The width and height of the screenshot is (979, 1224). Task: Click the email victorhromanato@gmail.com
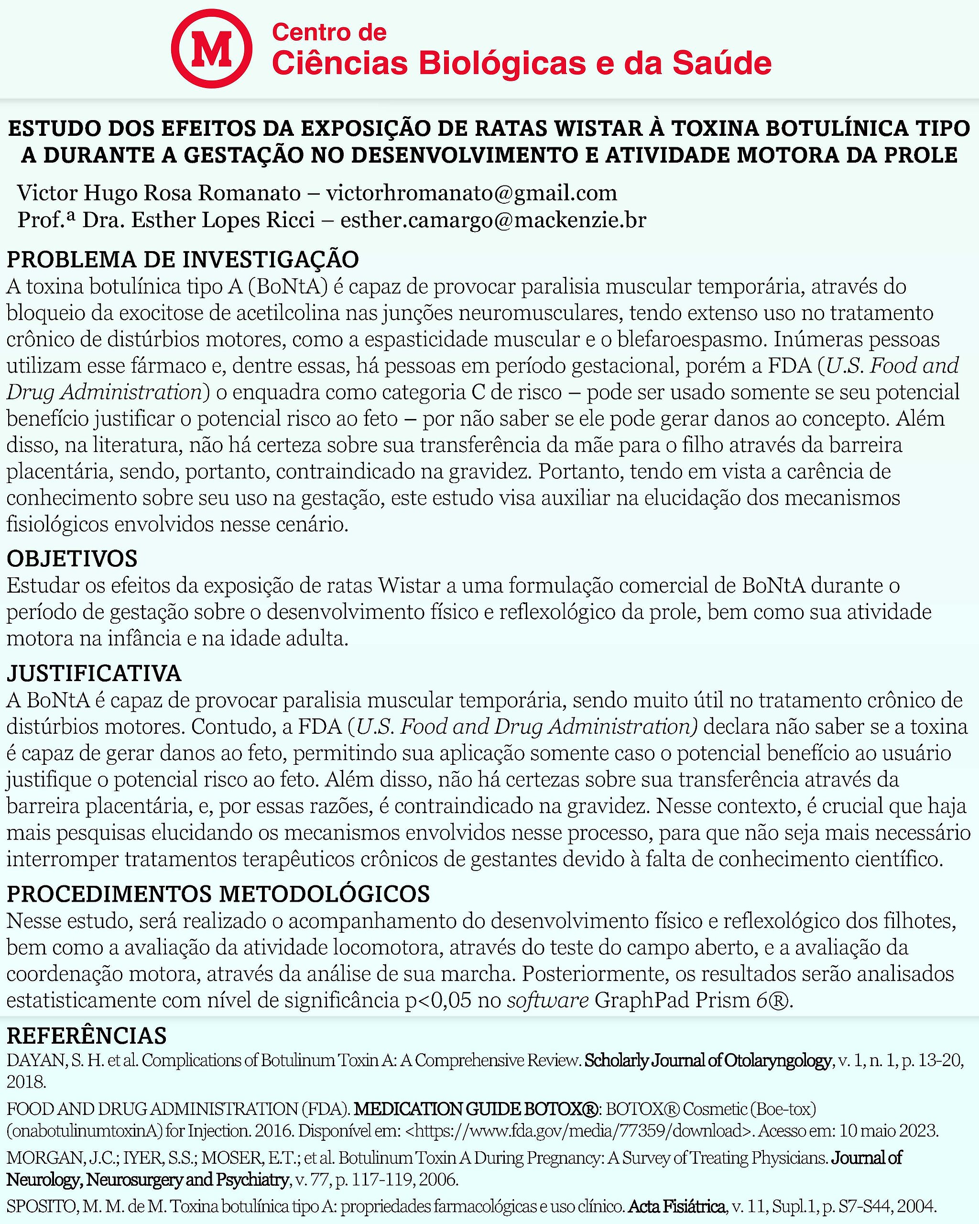(x=471, y=193)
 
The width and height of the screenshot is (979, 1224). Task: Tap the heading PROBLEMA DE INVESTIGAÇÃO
(x=183, y=259)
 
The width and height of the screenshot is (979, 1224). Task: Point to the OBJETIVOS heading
(x=72, y=559)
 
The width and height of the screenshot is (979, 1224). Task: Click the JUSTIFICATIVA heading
(x=94, y=673)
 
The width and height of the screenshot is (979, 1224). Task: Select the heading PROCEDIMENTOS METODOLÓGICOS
(x=218, y=894)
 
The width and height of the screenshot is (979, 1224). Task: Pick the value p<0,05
(x=437, y=1000)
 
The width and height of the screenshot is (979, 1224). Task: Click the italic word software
(x=548, y=1000)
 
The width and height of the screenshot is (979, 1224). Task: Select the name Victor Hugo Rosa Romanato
(x=159, y=193)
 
